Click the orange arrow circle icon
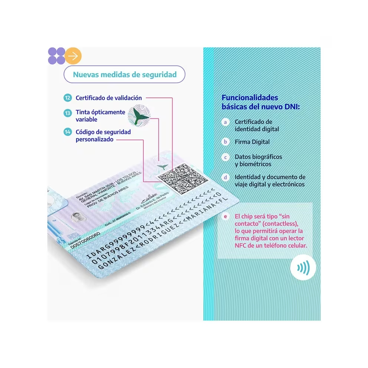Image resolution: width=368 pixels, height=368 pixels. click(x=73, y=56)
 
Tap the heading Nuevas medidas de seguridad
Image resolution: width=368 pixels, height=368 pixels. click(x=125, y=75)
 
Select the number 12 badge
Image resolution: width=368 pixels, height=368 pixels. click(x=67, y=98)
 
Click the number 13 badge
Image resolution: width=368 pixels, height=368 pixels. click(x=67, y=113)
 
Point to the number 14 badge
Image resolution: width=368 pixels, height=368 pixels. click(x=67, y=132)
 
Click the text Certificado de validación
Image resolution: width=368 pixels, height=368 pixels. click(x=109, y=98)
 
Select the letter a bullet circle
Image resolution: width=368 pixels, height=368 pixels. click(x=225, y=122)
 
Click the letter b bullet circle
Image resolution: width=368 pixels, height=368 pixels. click(x=225, y=142)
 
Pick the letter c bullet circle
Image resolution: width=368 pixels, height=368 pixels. click(x=225, y=157)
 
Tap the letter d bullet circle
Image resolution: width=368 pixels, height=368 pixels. click(x=225, y=177)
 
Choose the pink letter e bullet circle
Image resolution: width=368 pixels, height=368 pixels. click(x=225, y=217)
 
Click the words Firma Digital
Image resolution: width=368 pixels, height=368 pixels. click(x=252, y=142)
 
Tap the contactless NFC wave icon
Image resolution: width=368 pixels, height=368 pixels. click(x=303, y=268)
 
